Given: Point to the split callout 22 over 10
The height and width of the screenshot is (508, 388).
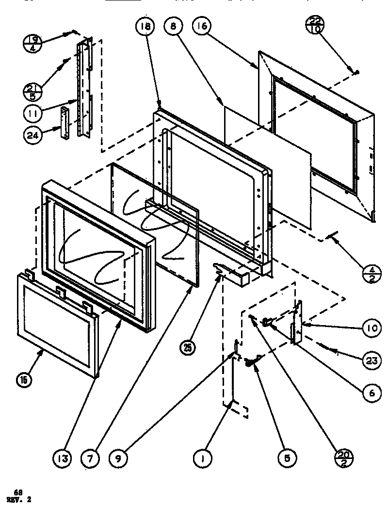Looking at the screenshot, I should [315, 24].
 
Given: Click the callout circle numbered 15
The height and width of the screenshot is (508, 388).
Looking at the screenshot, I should [24, 379].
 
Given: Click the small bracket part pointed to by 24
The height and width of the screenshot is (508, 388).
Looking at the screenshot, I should [65, 124].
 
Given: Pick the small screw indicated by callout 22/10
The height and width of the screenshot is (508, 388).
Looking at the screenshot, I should [356, 72].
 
